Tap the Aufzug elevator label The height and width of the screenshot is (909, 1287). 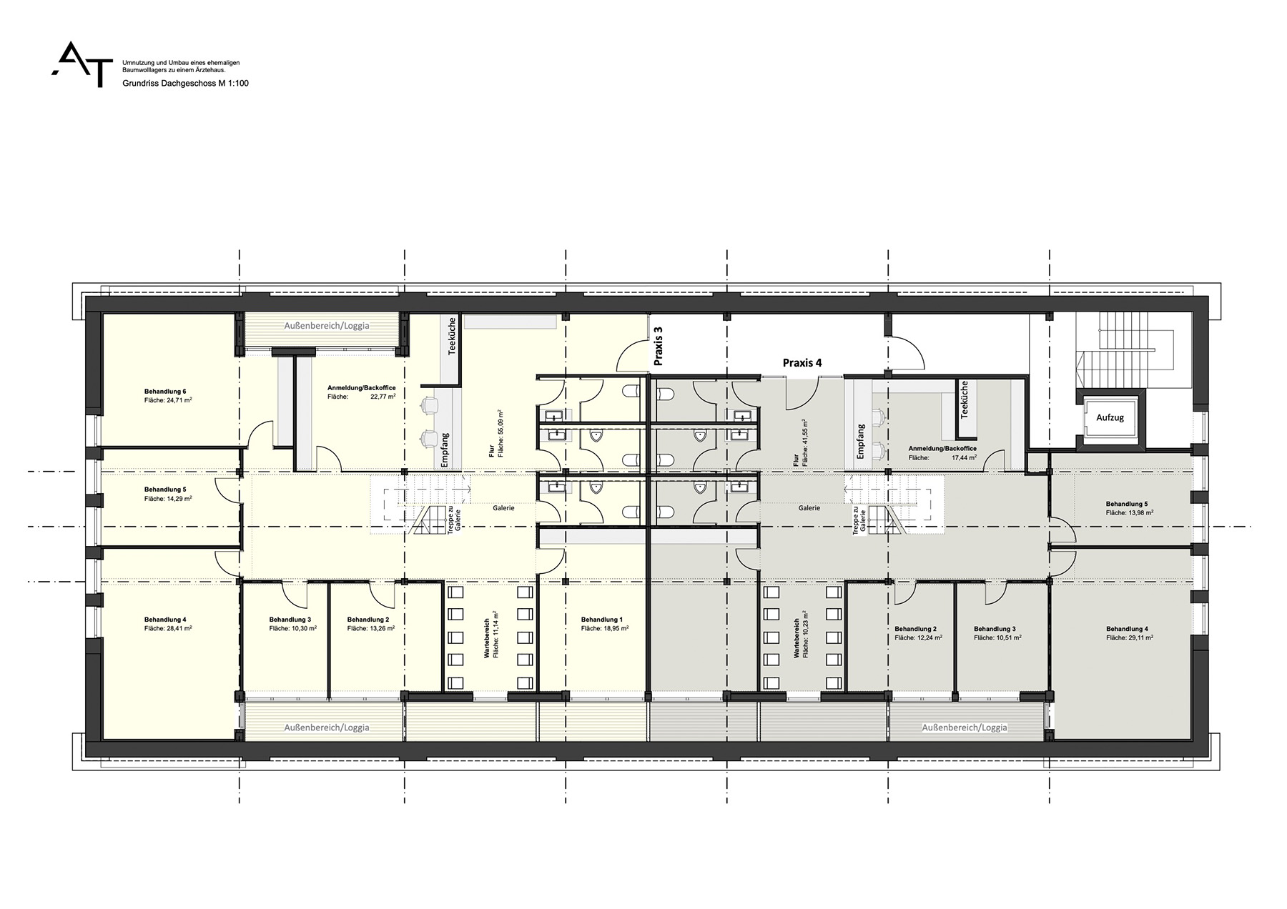[1110, 417]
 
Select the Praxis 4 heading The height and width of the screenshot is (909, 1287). [802, 363]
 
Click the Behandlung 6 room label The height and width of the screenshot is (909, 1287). [165, 392]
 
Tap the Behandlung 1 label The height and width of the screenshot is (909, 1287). [602, 620]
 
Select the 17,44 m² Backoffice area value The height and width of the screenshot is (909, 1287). [963, 457]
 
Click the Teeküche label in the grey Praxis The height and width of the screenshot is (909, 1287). [965, 399]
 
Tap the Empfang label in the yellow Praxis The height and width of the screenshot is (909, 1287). [445, 450]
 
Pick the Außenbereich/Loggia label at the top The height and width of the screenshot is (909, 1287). [327, 326]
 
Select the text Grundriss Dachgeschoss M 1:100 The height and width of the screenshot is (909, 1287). [186, 84]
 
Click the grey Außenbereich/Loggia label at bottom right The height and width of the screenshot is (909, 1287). [965, 727]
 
